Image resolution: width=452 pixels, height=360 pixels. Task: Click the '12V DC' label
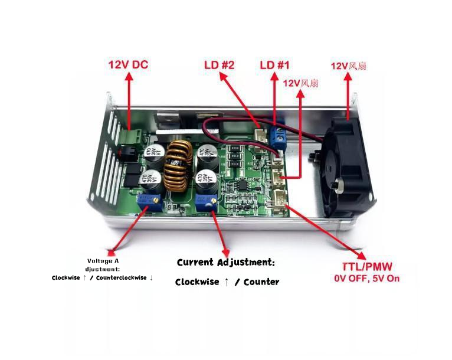coord(127,64)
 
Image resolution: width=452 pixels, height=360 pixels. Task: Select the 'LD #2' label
coord(220,64)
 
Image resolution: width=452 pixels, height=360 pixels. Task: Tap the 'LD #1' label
coord(276,64)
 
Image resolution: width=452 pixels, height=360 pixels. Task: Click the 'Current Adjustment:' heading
coord(226,262)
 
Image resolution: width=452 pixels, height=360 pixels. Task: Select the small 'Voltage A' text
coord(103,261)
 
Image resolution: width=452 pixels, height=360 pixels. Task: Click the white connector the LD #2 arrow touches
coord(260,136)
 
